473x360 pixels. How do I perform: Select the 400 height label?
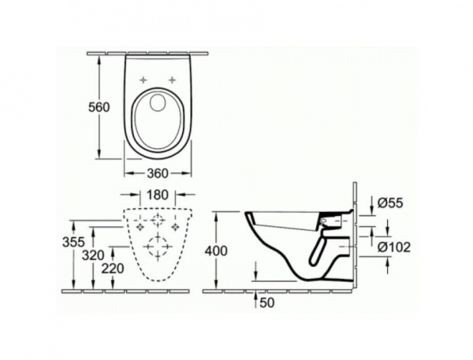tap(215, 251)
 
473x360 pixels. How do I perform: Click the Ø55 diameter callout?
tap(390, 202)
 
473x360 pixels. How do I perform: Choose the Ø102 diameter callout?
tap(394, 246)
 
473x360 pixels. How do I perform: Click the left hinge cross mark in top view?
tap(144, 80)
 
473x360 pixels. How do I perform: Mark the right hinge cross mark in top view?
tap(173, 80)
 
